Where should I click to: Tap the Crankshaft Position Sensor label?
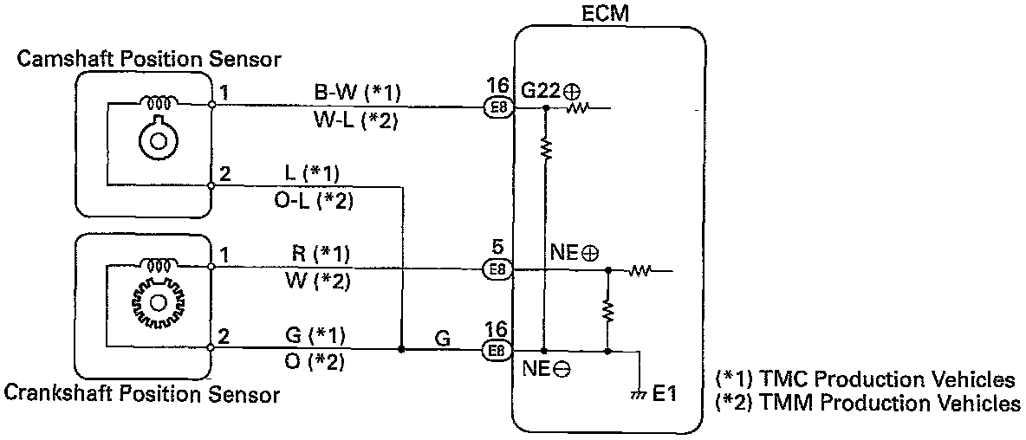(x=142, y=396)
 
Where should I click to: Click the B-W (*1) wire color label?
(x=358, y=93)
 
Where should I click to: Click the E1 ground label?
(x=664, y=394)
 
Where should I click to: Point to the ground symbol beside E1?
(x=639, y=395)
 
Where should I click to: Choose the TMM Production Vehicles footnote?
(x=867, y=403)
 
